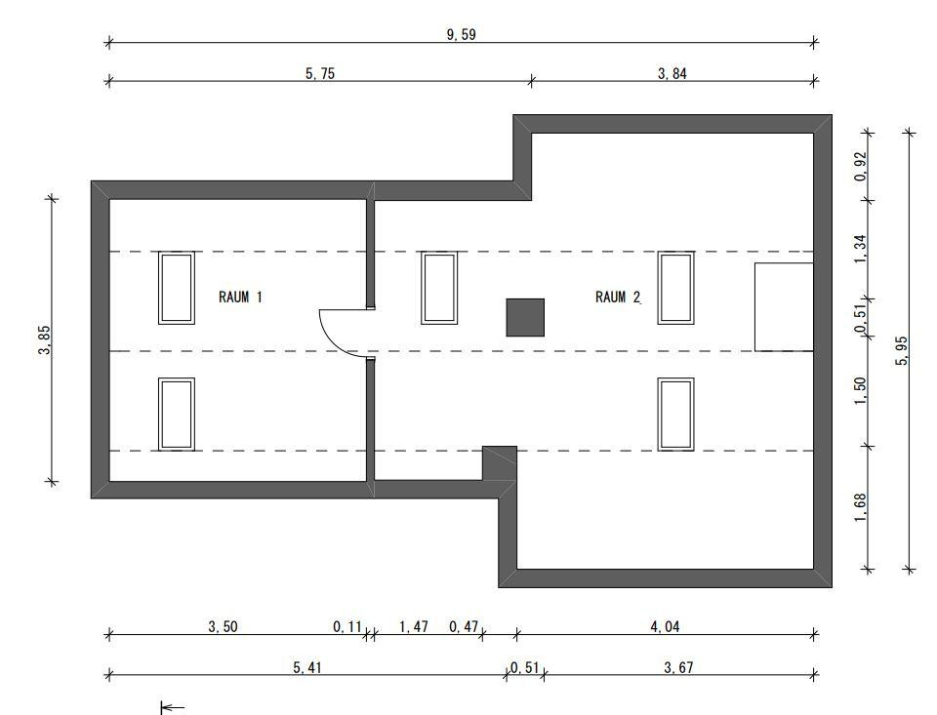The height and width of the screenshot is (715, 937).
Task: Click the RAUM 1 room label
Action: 240,297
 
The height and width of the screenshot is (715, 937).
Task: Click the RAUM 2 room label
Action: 618,297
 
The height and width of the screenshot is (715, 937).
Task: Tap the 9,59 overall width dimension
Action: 462,35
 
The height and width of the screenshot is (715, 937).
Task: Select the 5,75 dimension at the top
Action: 320,73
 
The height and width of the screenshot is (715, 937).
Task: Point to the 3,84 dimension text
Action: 672,73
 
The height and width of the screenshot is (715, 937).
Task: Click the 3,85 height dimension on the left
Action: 45,339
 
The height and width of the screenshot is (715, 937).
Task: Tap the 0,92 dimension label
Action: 860,167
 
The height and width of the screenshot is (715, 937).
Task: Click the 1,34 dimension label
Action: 860,249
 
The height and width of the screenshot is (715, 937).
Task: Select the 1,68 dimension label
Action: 860,507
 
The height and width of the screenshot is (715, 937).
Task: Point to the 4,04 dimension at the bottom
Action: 665,626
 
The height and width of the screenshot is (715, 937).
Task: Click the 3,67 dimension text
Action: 679,667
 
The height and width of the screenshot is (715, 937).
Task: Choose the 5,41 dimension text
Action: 307,667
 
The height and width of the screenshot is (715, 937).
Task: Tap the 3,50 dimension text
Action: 223,626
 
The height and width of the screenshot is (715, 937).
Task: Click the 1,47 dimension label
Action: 414,626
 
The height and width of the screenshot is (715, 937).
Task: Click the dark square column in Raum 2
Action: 525,318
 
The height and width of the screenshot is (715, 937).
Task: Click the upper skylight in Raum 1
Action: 177,288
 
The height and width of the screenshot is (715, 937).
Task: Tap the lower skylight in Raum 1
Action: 177,414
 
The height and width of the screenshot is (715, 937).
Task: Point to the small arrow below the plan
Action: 172,708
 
